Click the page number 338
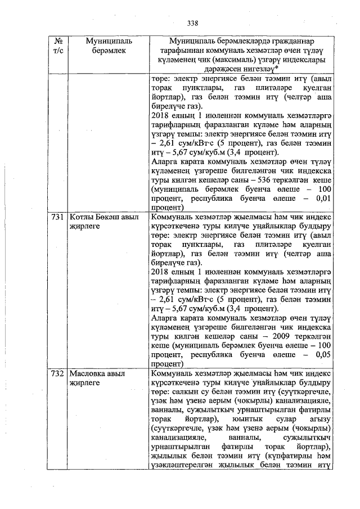pos(193,23)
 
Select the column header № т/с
pos(59,46)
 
